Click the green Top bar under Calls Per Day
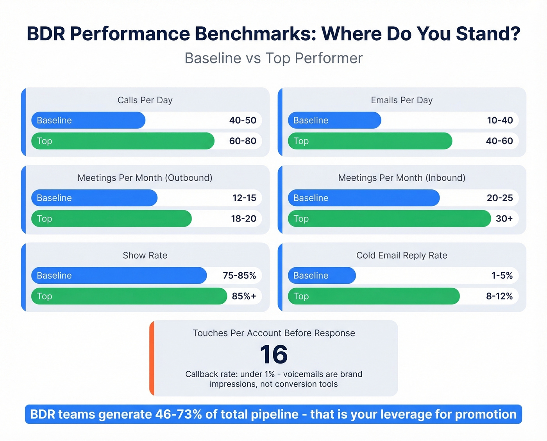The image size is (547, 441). click(x=123, y=141)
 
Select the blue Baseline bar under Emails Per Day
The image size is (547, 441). click(x=334, y=120)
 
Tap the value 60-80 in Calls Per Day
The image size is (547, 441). click(x=243, y=141)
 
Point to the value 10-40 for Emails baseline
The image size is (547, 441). click(x=500, y=120)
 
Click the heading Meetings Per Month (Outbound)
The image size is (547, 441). click(x=145, y=178)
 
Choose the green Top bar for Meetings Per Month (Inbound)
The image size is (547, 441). click(x=389, y=218)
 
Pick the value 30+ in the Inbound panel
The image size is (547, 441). click(x=504, y=218)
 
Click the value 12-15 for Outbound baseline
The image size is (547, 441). click(x=244, y=198)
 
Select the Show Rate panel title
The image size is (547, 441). click(x=145, y=256)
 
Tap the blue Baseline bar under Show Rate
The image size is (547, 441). click(x=119, y=275)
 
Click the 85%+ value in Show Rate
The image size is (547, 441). click(x=244, y=296)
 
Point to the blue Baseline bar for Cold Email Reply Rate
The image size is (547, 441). click(x=322, y=275)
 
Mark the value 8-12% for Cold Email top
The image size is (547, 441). click(x=499, y=296)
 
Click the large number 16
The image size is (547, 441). click(x=273, y=355)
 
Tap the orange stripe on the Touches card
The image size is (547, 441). click(x=152, y=358)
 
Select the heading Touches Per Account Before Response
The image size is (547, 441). click(x=273, y=333)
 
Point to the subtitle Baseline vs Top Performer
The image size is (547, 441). click(x=273, y=58)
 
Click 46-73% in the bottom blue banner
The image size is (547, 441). click(x=178, y=414)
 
